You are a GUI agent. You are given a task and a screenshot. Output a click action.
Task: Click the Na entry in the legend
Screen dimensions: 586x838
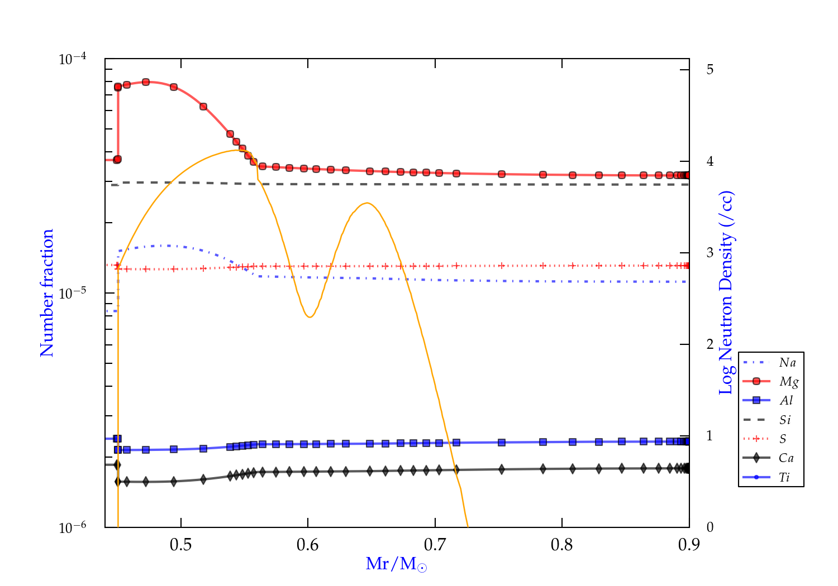(787, 363)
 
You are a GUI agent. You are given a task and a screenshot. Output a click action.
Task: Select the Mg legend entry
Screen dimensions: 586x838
(788, 382)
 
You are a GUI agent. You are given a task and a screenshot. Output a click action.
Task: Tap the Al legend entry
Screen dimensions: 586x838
(786, 401)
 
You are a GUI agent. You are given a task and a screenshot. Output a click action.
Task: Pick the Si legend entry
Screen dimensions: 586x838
(785, 420)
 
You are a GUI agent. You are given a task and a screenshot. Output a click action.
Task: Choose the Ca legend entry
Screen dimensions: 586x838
(785, 458)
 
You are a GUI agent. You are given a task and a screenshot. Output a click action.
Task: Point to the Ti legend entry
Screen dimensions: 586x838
(784, 477)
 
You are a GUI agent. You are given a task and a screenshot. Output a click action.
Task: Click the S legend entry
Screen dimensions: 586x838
(783, 439)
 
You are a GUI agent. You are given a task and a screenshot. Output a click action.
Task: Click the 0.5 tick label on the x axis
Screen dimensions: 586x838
(180, 545)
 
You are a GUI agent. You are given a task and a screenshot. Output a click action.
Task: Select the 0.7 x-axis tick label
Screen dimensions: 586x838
(435, 545)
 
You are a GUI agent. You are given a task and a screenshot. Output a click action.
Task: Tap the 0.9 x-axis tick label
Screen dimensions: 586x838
(689, 545)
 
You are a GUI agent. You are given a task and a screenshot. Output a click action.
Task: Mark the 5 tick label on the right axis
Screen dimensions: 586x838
(710, 70)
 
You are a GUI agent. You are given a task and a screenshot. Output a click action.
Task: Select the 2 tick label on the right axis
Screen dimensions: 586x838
(710, 344)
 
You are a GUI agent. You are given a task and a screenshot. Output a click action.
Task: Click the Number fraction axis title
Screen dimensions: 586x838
(47, 293)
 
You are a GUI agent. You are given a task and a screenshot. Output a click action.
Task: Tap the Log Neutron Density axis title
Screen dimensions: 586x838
(726, 293)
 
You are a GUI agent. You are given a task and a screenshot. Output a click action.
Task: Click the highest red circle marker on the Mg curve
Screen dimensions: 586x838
(146, 82)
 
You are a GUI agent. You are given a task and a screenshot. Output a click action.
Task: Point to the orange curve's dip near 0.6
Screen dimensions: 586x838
(310, 317)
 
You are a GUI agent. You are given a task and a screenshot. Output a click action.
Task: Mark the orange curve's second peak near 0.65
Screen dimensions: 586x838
(366, 203)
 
